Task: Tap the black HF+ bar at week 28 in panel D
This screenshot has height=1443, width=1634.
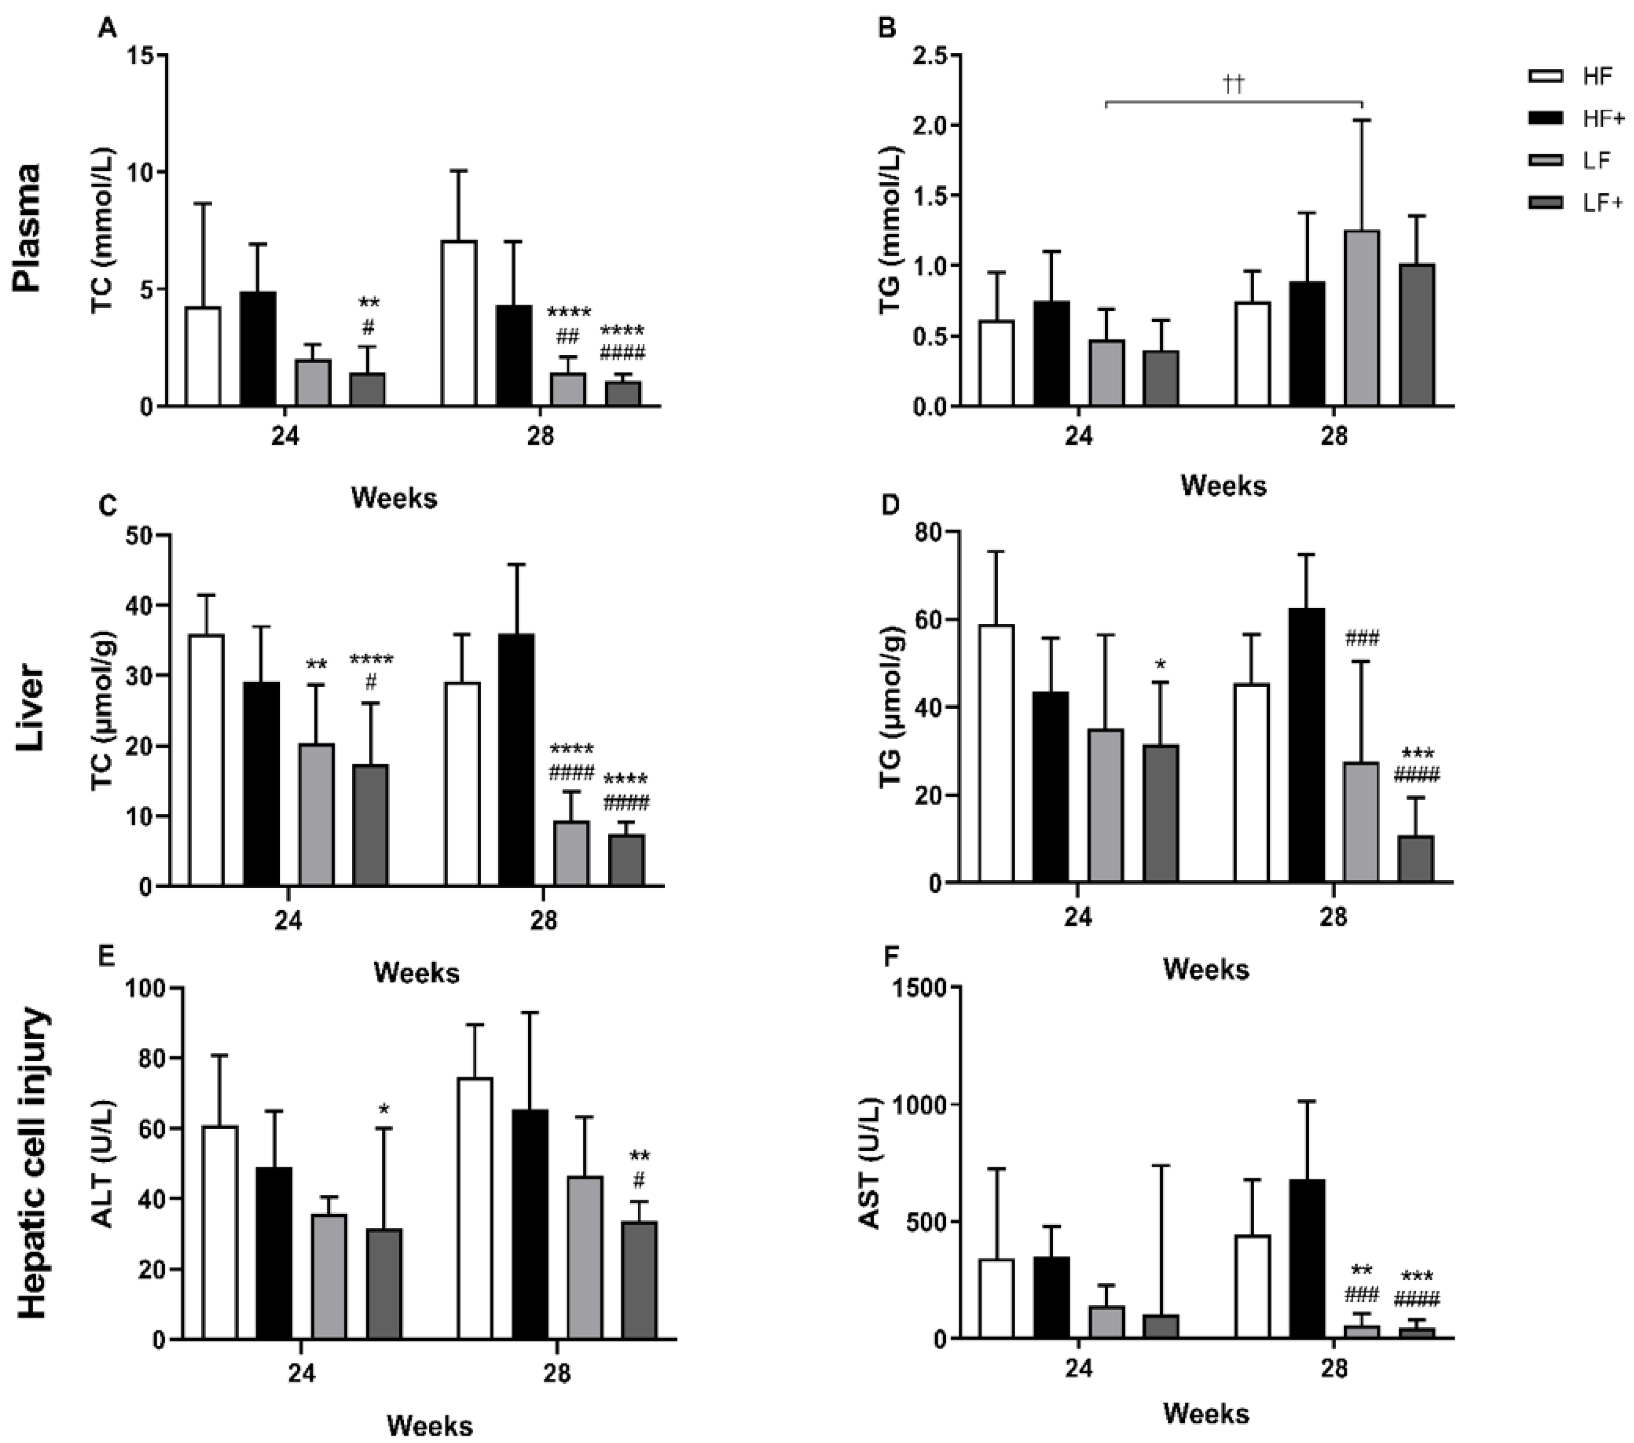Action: click(1307, 745)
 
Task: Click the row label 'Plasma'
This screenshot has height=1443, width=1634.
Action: click(29, 228)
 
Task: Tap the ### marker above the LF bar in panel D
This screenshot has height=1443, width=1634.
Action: click(1362, 639)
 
